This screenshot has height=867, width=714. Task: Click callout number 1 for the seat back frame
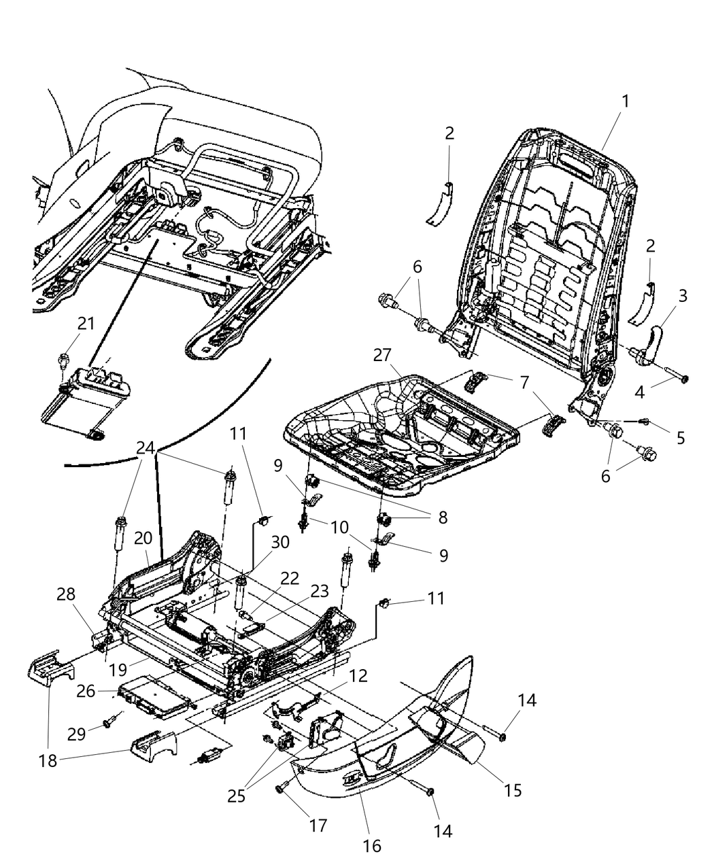click(x=624, y=102)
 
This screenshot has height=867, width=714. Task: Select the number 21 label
click(x=85, y=324)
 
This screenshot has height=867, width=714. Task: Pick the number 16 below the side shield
click(x=372, y=845)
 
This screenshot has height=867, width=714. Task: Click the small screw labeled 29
click(x=108, y=724)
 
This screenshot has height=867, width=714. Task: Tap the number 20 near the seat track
click(x=142, y=537)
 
